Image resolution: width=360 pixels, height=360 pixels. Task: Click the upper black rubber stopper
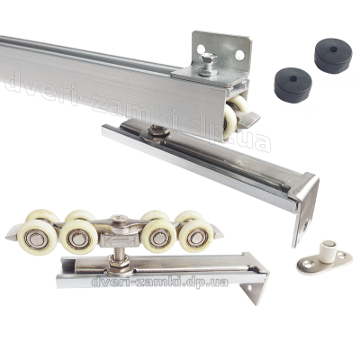(x=333, y=56)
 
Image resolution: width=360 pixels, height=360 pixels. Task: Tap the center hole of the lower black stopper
(x=293, y=79)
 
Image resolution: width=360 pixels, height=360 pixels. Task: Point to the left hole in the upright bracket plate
(x=201, y=49)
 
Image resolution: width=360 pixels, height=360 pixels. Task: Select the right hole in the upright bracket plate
(x=239, y=55)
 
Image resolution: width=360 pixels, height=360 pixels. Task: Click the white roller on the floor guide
(x=327, y=248)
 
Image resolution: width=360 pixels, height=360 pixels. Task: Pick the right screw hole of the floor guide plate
(x=343, y=256)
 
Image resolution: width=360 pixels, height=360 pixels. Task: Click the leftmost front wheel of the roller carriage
(x=36, y=237)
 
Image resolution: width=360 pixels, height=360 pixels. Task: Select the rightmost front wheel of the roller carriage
(x=196, y=236)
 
